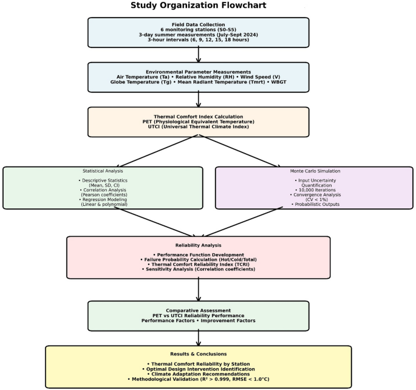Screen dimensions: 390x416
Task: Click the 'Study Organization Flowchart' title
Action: pyautogui.click(x=198, y=5)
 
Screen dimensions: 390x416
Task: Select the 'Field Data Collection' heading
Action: pyautogui.click(x=198, y=24)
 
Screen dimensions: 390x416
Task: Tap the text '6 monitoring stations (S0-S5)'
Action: pyautogui.click(x=198, y=30)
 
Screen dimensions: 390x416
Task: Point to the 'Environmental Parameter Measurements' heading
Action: pyautogui.click(x=198, y=72)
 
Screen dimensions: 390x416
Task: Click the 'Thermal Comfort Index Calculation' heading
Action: pyautogui.click(x=198, y=116)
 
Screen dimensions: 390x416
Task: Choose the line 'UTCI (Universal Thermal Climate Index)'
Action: pyautogui.click(x=198, y=127)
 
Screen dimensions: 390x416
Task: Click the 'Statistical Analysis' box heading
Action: pyautogui.click(x=103, y=171)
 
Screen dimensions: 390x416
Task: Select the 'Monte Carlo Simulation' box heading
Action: pyautogui.click(x=314, y=171)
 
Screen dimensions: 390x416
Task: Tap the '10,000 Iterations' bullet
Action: pyautogui.click(x=314, y=190)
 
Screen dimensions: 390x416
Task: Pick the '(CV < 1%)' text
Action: pyautogui.click(x=314, y=200)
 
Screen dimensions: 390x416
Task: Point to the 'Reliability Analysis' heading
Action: pyautogui.click(x=198, y=245)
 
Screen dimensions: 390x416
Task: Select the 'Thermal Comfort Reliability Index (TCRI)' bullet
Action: pyautogui.click(x=198, y=264)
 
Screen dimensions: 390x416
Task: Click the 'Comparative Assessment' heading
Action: pyautogui.click(x=198, y=310)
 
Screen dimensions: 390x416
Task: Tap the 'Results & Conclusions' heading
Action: pyautogui.click(x=198, y=354)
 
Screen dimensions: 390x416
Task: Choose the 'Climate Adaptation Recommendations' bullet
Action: pyautogui.click(x=198, y=374)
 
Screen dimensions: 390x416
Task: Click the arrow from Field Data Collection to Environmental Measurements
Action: pyautogui.click(x=199, y=55)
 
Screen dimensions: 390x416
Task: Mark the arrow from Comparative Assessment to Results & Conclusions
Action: pyautogui.click(x=199, y=338)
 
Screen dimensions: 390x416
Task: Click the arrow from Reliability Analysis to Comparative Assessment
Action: pyautogui.click(x=199, y=290)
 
